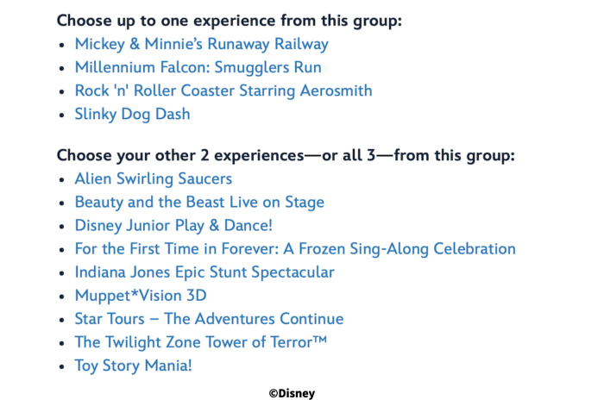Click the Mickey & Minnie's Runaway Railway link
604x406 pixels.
coord(201,44)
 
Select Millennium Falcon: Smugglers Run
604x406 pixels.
coord(198,67)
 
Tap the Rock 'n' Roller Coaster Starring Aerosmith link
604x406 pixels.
coord(223,91)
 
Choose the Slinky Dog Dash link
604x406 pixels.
coord(133,115)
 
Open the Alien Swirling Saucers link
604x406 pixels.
coord(154,179)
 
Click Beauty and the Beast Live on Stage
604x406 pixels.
coord(199,203)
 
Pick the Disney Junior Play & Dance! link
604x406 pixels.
coord(173,226)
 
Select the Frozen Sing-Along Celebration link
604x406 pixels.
coord(295,249)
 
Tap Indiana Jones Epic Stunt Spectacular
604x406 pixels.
coord(204,272)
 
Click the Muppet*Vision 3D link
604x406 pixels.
coord(141,296)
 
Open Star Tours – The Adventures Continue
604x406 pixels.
coord(209,319)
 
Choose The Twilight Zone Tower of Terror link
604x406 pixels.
coord(201,342)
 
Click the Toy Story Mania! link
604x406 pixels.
coord(133,366)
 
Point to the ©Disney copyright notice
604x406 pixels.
coord(292,393)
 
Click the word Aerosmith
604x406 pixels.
coord(336,91)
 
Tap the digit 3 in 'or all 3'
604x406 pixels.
coord(371,155)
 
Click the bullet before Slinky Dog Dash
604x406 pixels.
coord(62,115)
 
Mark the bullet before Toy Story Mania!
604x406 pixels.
coord(62,366)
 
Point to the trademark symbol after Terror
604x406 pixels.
coord(320,340)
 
